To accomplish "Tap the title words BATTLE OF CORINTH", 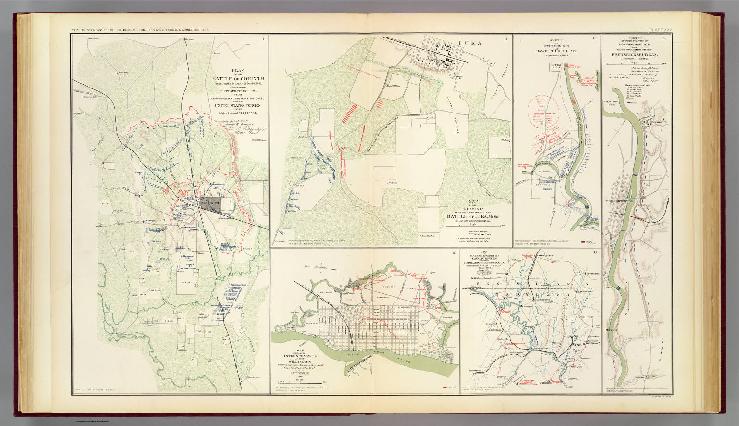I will click(235, 79).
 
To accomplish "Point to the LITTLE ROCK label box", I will click(557, 65).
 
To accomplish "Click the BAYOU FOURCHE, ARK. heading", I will click(556, 50).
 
